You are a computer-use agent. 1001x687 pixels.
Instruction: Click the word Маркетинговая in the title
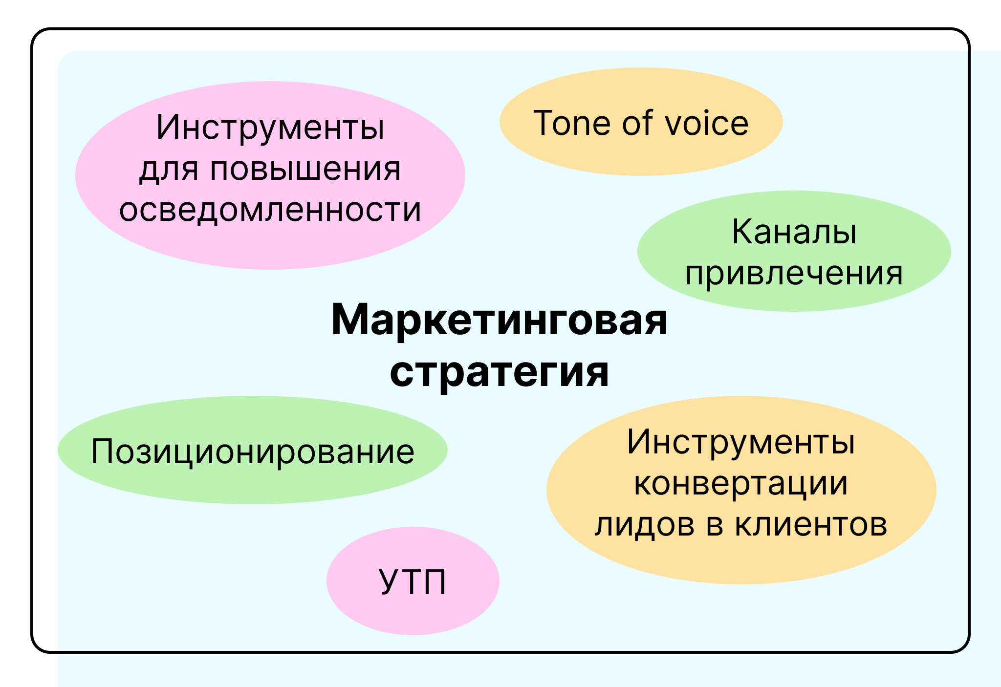click(499, 321)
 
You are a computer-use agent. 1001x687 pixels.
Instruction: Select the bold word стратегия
click(499, 372)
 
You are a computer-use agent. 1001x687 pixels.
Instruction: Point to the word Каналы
click(794, 232)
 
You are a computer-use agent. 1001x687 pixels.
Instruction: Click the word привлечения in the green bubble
click(794, 273)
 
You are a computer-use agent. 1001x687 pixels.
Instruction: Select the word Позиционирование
click(252, 451)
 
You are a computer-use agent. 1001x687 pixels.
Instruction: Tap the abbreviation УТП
click(413, 582)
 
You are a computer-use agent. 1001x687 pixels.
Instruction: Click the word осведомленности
click(270, 210)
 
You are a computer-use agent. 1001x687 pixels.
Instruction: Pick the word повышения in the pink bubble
click(305, 170)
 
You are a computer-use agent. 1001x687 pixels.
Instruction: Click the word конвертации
click(740, 484)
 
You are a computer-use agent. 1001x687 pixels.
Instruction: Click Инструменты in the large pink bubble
click(270, 128)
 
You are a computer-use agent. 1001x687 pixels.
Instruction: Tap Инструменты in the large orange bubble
click(740, 442)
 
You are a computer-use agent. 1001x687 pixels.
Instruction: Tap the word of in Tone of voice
click(637, 123)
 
